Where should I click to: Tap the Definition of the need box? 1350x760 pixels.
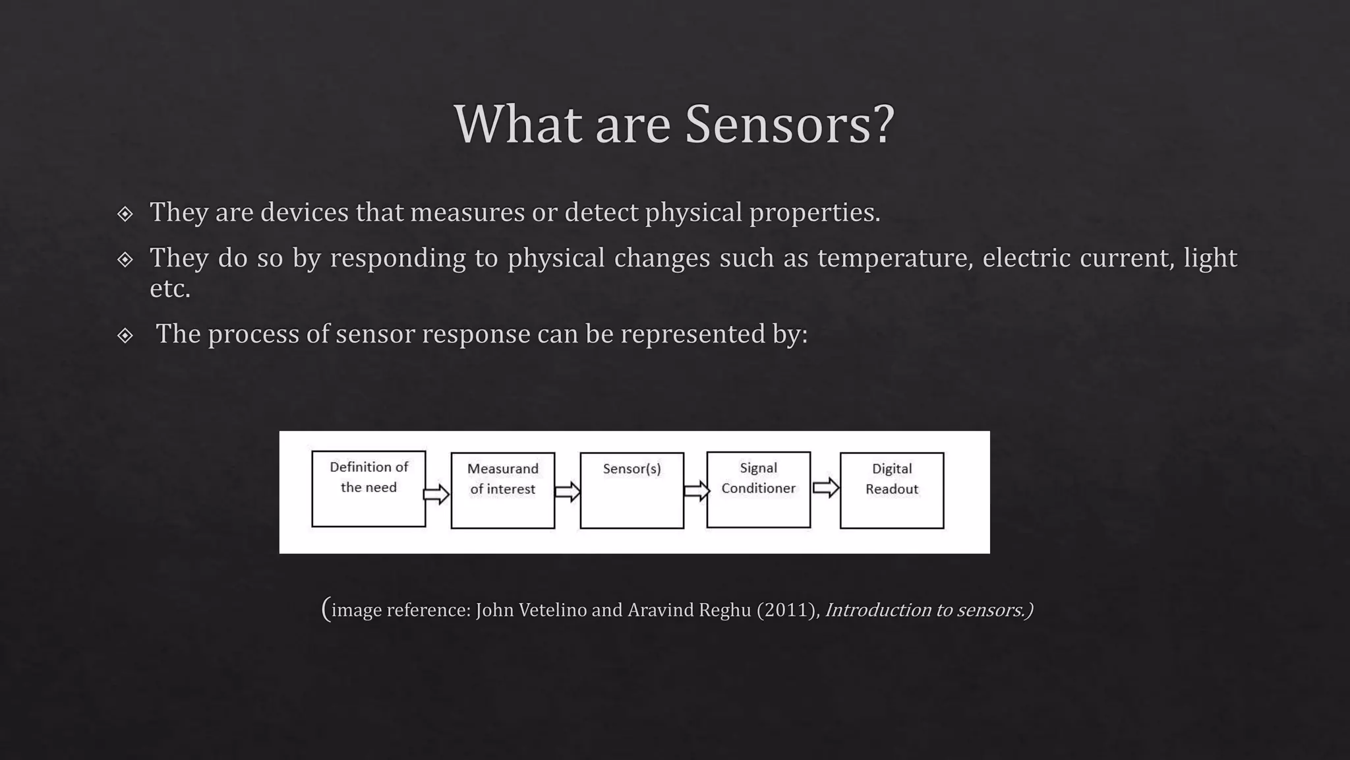coord(368,489)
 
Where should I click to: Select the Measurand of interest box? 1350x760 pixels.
coord(502,490)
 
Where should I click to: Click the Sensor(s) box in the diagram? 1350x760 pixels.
coord(631,490)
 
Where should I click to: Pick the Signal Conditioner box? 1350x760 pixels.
coord(758,490)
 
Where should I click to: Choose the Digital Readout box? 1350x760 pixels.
coord(891,490)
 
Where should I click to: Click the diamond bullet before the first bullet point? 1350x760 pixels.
coord(125,214)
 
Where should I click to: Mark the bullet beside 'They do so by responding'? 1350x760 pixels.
coord(125,259)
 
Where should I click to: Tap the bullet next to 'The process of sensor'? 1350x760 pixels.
coord(125,336)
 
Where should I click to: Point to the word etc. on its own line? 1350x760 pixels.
coord(170,288)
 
